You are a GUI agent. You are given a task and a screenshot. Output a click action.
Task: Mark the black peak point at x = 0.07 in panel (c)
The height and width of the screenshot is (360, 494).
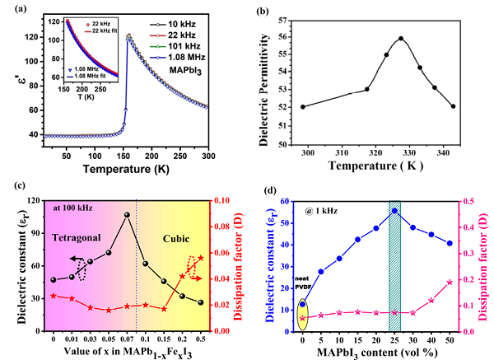(x=127, y=215)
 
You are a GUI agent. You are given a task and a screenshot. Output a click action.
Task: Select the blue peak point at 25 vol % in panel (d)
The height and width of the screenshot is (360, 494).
(x=394, y=211)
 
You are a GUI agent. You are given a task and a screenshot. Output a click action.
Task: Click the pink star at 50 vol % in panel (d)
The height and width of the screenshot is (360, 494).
(x=450, y=282)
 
